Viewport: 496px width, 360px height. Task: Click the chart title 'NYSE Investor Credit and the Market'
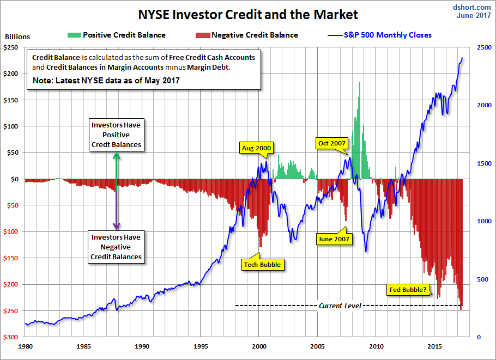248,14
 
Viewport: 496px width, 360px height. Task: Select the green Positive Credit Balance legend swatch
73,35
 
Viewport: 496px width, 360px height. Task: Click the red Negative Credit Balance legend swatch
201,35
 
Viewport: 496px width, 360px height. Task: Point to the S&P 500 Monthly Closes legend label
388,35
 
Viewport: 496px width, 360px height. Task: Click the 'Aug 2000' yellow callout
257,148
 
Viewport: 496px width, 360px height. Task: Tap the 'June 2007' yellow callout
334,239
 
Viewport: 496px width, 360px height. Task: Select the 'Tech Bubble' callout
262,264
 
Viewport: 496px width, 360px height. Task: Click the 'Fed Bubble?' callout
407,289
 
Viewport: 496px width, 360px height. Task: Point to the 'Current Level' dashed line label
340,306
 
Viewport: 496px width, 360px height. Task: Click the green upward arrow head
116,156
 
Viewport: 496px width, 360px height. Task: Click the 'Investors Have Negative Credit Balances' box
116,247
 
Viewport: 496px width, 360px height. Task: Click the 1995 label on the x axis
201,346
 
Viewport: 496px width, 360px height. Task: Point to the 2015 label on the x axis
434,346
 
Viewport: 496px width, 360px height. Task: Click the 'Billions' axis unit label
17,37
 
